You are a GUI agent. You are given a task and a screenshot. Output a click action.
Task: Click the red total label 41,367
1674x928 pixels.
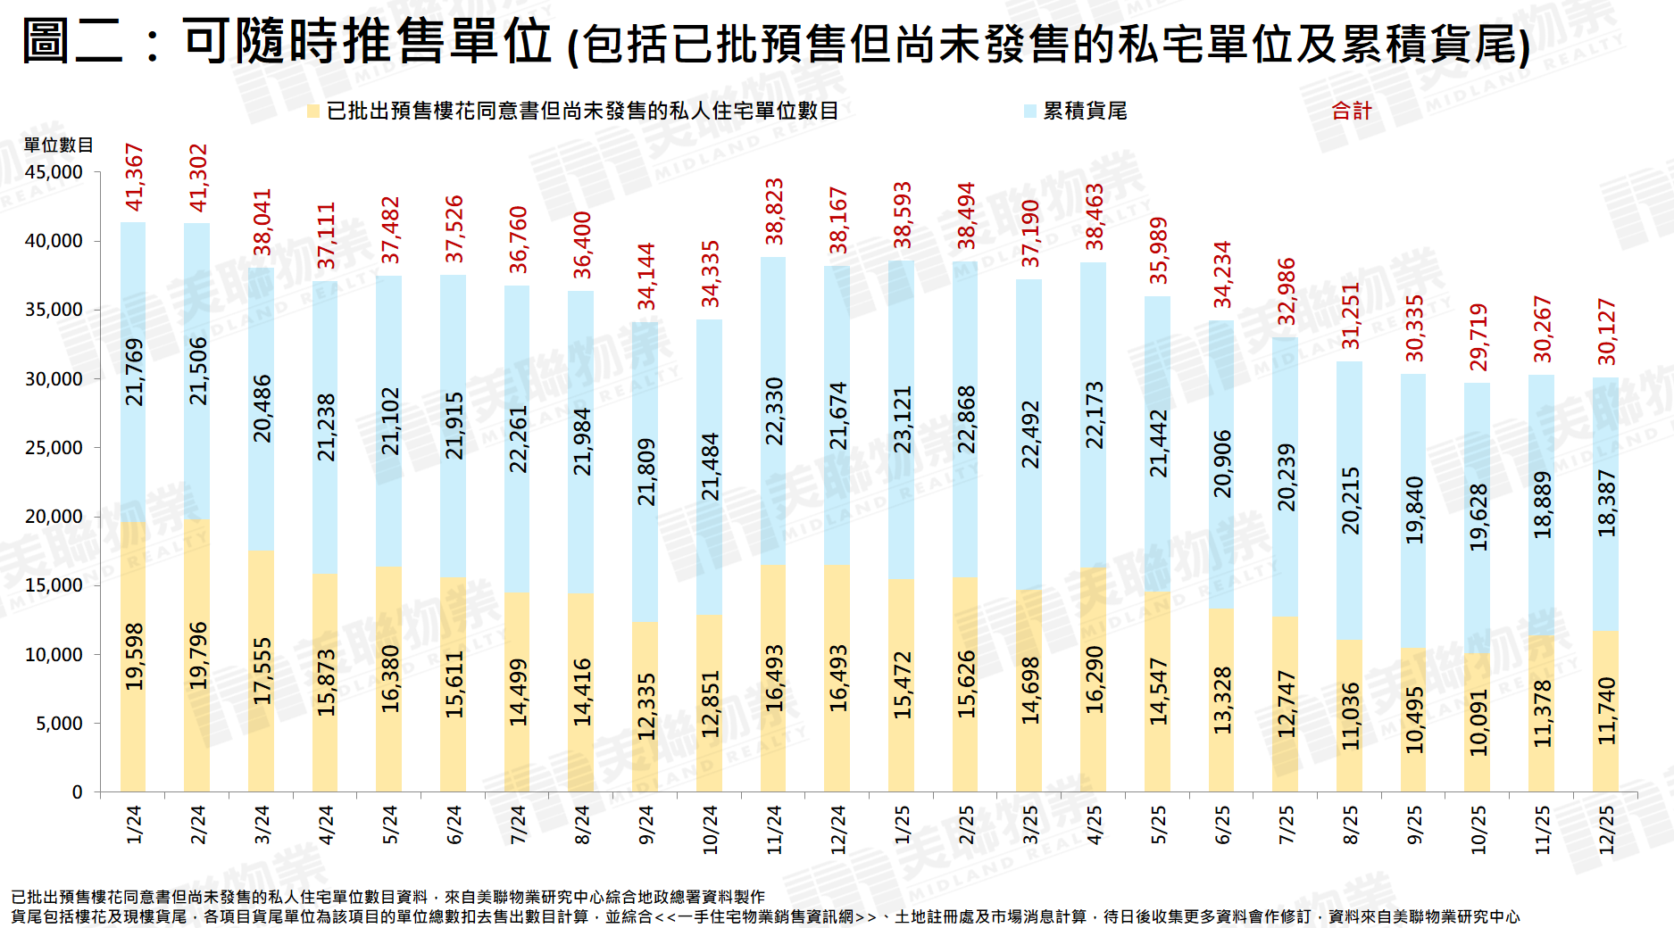(134, 177)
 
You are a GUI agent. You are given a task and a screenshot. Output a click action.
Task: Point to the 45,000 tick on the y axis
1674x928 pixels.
(54, 172)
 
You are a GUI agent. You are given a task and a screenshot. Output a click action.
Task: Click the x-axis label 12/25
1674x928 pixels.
(1606, 830)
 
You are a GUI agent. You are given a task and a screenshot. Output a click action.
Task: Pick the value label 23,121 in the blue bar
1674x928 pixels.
(903, 419)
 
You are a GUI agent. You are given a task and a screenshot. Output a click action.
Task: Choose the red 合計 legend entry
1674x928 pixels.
(1351, 111)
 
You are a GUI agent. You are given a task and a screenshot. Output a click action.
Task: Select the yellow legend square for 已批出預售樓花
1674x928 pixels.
(313, 112)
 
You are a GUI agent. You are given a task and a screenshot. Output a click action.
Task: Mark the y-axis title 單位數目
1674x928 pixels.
(58, 145)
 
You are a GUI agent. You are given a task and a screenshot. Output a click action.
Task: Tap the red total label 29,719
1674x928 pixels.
(1478, 336)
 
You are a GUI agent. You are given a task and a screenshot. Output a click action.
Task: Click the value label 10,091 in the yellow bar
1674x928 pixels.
(1478, 722)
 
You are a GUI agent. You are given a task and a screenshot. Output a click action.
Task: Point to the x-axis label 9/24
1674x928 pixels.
(645, 824)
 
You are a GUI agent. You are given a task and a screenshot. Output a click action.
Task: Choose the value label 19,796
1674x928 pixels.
(197, 656)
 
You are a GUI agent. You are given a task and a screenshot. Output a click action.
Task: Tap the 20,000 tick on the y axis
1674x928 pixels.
(54, 517)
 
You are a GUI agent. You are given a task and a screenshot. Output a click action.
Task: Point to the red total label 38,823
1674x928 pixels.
(774, 211)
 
